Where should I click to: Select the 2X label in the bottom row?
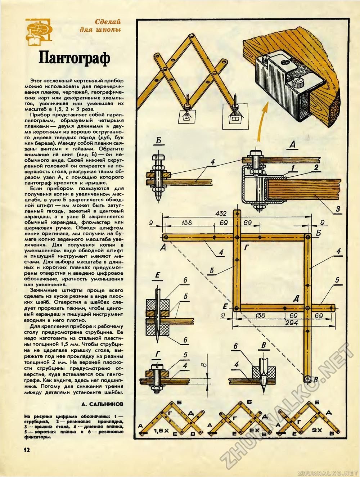pyautogui.click(x=254, y=431)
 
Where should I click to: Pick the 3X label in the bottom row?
pyautogui.click(x=317, y=430)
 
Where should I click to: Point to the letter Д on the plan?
pyautogui.click(x=296, y=298)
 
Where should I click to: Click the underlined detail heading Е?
pyautogui.click(x=157, y=276)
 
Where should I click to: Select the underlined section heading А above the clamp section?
pyautogui.click(x=292, y=145)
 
